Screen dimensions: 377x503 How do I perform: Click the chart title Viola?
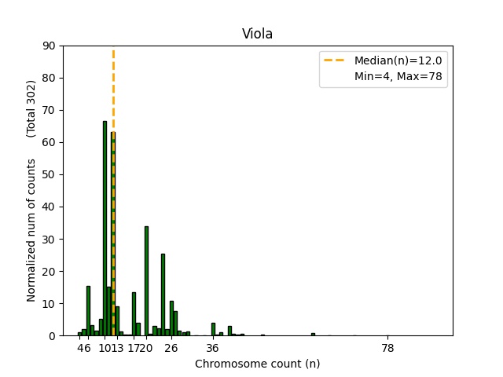(257, 34)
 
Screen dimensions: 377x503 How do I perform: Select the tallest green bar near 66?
(105, 228)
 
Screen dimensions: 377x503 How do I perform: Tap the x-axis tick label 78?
(387, 348)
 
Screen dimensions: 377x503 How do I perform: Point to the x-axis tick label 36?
(212, 348)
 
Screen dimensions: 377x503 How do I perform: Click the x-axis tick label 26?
(171, 348)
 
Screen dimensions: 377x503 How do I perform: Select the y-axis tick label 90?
(50, 46)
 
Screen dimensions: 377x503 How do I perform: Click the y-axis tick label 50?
(50, 174)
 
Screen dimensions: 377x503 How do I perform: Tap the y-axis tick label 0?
(53, 335)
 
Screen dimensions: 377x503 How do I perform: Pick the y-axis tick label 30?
(50, 239)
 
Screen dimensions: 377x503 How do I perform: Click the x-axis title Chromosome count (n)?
(257, 364)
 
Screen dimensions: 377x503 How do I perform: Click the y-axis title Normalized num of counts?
(31, 230)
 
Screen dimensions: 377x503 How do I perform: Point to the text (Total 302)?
(31, 108)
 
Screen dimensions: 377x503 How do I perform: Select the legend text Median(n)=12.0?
(398, 60)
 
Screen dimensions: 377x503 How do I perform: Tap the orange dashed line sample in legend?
(336, 60)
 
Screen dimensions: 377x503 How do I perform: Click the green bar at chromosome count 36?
(213, 329)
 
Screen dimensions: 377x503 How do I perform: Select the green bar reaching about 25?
(163, 295)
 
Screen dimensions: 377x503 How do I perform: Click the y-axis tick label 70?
(50, 110)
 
